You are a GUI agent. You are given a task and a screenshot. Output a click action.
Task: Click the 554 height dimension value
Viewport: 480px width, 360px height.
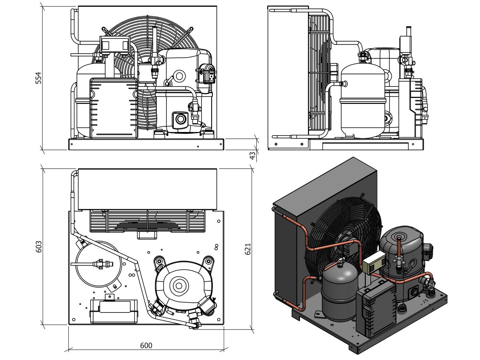[38, 78]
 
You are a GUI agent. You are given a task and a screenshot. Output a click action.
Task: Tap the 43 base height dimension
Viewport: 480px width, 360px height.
[252, 155]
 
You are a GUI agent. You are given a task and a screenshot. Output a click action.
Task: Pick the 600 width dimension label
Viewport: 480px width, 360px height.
[146, 345]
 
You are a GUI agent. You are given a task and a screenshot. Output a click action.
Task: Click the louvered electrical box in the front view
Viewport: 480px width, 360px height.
[114, 108]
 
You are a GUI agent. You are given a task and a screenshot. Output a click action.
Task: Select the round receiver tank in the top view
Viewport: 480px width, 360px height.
[98, 264]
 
